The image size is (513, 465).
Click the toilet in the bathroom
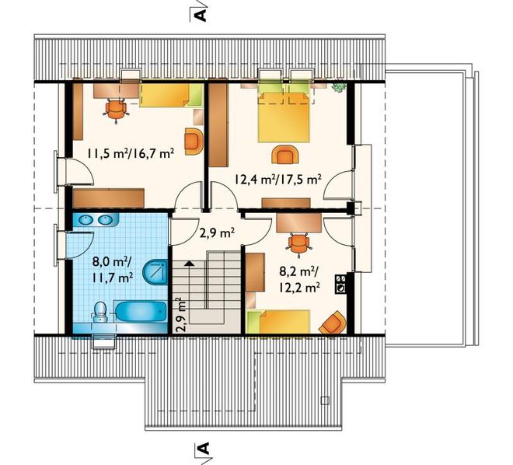[99, 311]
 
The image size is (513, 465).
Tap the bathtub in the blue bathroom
[141, 313]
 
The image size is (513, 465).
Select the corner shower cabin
[155, 271]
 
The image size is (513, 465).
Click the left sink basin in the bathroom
[85, 219]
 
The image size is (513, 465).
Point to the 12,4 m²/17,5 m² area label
[277, 180]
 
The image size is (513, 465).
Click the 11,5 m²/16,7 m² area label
[130, 153]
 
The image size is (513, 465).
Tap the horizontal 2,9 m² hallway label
[217, 233]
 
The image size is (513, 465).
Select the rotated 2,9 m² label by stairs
[182, 314]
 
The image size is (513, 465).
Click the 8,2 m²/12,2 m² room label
[299, 279]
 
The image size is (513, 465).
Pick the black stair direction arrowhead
[189, 264]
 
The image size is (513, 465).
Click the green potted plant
[339, 87]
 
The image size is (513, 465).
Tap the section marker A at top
[201, 16]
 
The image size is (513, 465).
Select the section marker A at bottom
[203, 449]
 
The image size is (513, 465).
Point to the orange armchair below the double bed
[285, 155]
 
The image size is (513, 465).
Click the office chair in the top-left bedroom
[116, 110]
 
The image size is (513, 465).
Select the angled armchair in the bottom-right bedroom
[333, 323]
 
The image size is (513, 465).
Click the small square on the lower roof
[325, 400]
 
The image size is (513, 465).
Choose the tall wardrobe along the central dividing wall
[218, 123]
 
